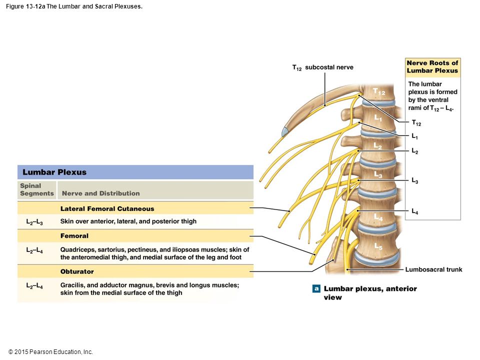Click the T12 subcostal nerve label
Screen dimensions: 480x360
(322, 67)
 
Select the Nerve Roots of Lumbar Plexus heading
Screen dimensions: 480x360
(432, 66)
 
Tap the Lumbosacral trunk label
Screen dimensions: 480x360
(434, 269)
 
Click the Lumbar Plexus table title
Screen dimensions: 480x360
(54, 172)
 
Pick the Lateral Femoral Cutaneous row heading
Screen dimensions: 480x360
(107, 209)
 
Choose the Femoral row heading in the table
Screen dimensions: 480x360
(74, 235)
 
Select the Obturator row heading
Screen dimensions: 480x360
(77, 271)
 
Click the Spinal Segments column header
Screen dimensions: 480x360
(36, 189)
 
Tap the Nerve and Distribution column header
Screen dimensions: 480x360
(100, 193)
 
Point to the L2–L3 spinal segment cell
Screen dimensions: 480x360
(34, 222)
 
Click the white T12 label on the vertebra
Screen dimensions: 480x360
(379, 91)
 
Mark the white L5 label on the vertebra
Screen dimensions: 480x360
(378, 246)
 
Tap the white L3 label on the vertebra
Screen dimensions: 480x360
(378, 175)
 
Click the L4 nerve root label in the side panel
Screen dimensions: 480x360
(415, 211)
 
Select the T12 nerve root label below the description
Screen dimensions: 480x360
(416, 123)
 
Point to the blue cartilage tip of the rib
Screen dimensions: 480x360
(284, 132)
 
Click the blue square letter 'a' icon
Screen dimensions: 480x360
(316, 288)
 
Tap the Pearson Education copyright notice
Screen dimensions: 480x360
(50, 352)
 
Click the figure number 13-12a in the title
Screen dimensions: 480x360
(35, 6)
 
